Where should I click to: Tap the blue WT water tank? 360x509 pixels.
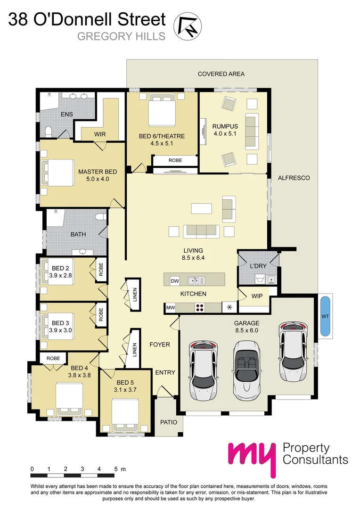click(x=324, y=316)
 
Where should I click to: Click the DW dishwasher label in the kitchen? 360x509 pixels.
click(x=175, y=281)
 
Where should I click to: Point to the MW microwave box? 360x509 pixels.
click(x=171, y=308)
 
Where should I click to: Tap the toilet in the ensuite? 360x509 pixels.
click(x=47, y=130)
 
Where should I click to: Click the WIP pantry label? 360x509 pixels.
click(x=257, y=296)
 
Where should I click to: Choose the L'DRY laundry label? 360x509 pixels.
click(x=258, y=266)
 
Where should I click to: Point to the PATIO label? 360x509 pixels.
click(x=168, y=422)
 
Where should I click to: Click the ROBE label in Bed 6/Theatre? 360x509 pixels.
click(x=175, y=161)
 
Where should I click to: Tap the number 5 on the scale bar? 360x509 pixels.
click(x=115, y=469)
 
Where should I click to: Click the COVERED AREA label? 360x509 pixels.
click(x=221, y=74)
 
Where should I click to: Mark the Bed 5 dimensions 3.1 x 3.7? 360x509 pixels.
click(x=125, y=390)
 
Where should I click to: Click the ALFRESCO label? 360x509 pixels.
click(x=294, y=178)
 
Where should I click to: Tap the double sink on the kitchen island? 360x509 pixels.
click(x=196, y=281)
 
